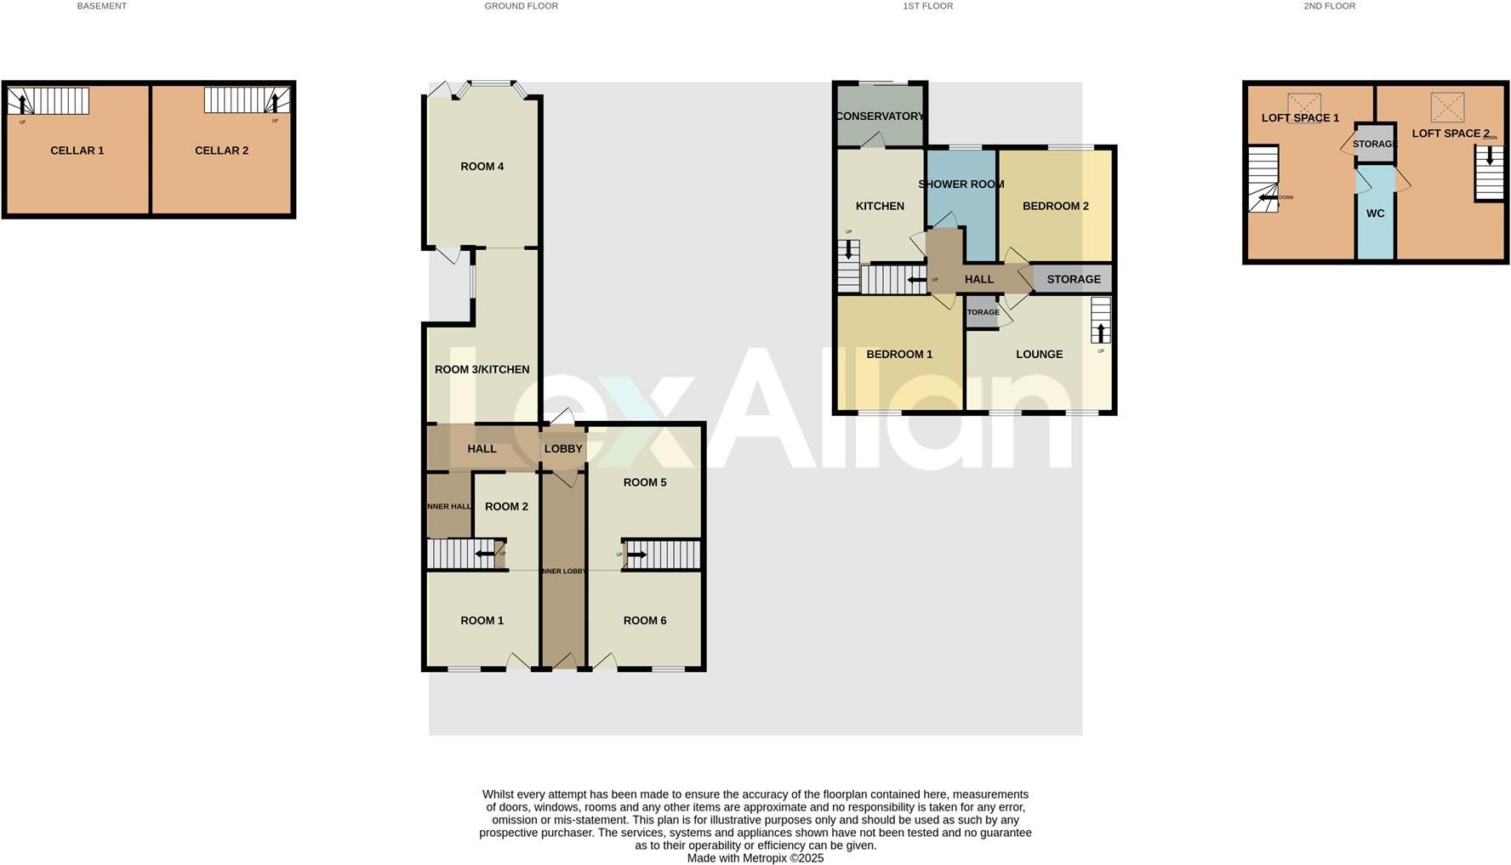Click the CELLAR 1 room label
77,151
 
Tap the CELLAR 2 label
221,151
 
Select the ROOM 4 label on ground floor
482,167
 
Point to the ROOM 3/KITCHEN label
482,369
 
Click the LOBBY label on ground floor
563,449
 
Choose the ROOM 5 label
645,482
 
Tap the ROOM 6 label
645,621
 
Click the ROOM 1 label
482,621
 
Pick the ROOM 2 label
506,507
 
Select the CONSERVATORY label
880,117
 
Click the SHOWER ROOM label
961,185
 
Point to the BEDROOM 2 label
1055,206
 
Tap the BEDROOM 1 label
899,355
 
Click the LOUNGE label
1039,355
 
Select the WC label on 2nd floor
1376,213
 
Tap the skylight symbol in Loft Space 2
1447,108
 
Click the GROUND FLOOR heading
521,6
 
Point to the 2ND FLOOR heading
1329,6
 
